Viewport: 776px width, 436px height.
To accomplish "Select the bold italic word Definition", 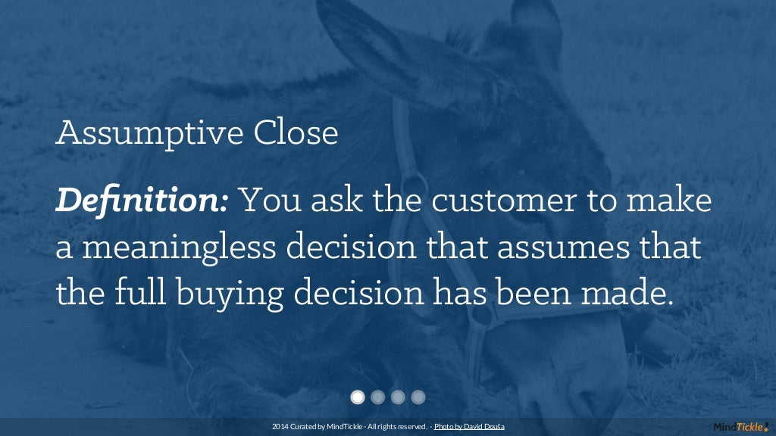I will [x=142, y=201].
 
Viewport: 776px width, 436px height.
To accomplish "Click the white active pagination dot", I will [x=358, y=397].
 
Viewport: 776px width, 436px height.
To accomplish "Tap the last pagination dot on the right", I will [x=418, y=397].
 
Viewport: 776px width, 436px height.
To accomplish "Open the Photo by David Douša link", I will [x=469, y=427].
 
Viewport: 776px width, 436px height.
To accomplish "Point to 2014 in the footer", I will [x=279, y=427].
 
